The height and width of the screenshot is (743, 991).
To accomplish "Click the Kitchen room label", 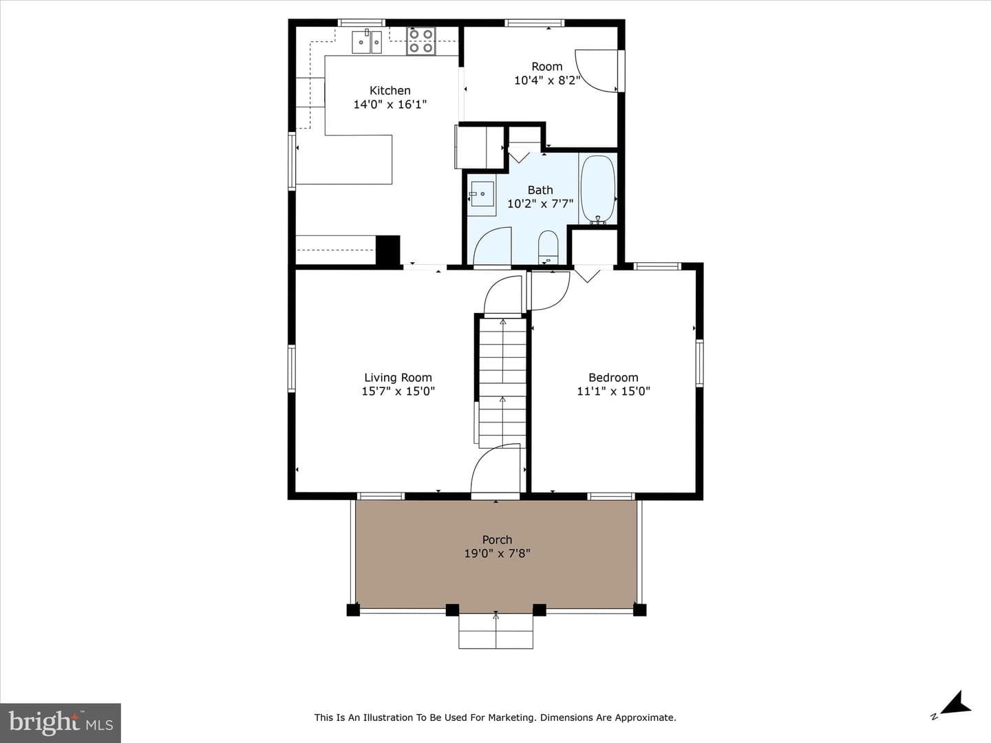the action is pos(390,90).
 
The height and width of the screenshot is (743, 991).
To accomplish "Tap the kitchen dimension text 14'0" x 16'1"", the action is pos(390,105).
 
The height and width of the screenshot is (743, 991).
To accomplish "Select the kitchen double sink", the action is pos(367,41).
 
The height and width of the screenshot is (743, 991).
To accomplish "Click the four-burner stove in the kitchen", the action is pos(420,41).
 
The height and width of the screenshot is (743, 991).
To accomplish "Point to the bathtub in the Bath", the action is pos(598,189).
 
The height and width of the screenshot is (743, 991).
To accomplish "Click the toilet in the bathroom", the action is pos(548,247).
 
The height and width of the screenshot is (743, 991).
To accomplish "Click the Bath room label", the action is pos(540,190).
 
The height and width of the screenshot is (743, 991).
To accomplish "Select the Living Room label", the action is pos(398,377).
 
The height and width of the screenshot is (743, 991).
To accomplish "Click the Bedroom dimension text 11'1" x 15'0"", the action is pos(613,391).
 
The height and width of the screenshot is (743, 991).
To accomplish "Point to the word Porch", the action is pos(497,539).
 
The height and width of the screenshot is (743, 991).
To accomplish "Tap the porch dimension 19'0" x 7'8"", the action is pos(497,554).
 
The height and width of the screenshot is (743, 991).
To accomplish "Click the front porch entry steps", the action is pos(495,631).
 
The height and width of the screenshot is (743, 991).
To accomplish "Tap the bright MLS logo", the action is pos(61,723).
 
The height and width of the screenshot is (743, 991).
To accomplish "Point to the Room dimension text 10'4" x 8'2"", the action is pos(546,80).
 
